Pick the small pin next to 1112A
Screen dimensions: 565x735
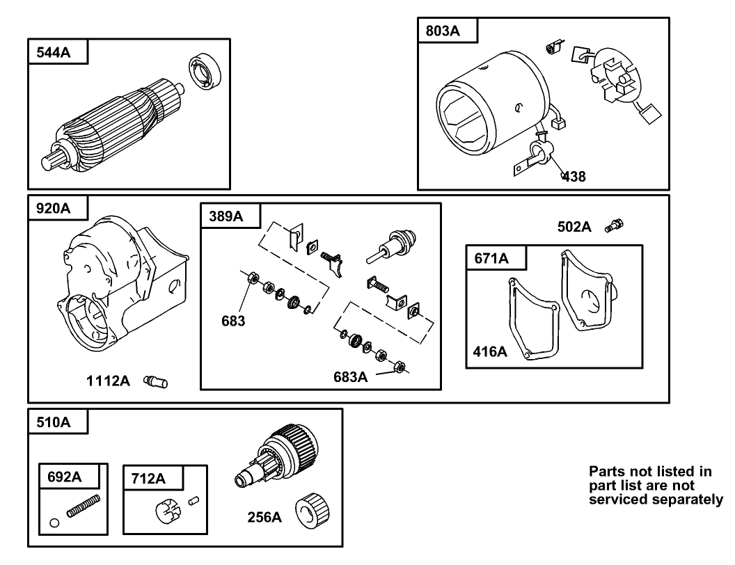pos(155,381)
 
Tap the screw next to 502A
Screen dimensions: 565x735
pos(615,225)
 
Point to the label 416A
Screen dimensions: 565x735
pos(490,351)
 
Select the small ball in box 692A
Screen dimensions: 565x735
pos(54,522)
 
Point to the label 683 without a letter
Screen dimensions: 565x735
pos(234,321)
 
